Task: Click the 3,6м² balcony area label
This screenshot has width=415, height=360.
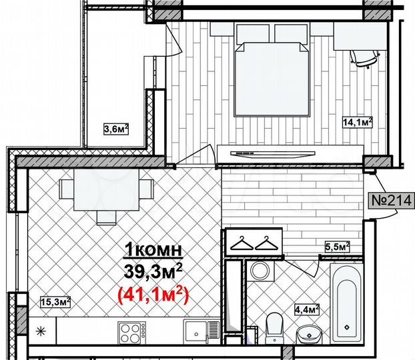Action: [x=116, y=129]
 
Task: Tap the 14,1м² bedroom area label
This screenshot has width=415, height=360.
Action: [x=357, y=122]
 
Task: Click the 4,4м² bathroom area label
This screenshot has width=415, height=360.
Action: [x=306, y=309]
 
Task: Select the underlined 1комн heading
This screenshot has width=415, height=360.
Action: [x=153, y=251]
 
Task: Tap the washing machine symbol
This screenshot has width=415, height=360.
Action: [x=260, y=272]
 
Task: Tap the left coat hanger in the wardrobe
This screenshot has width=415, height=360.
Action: [x=240, y=243]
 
